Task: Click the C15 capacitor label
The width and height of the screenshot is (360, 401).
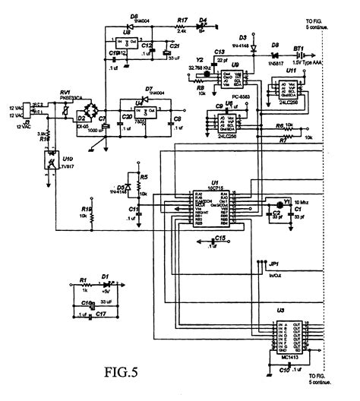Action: tap(219, 238)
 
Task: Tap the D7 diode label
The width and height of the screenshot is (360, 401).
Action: tap(149, 89)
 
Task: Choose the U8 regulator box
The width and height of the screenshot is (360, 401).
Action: tap(127, 39)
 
